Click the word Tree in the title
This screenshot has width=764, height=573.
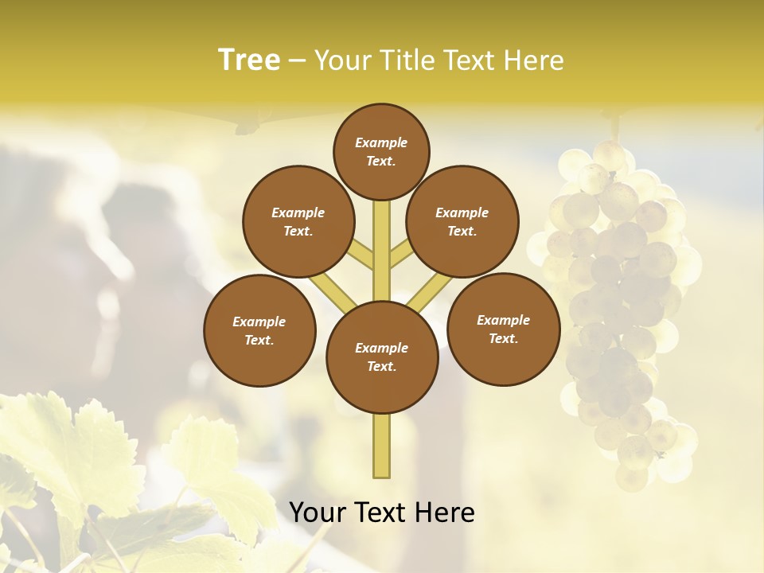(249, 60)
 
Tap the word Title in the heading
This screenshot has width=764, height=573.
(406, 60)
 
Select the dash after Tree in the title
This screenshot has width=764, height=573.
(297, 61)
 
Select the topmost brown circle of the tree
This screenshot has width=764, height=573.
(381, 151)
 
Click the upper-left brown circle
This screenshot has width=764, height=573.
(298, 221)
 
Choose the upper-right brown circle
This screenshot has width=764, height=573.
(462, 221)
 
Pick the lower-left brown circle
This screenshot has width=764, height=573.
(259, 330)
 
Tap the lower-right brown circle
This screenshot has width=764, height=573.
(503, 329)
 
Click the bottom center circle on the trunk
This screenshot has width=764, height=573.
(381, 357)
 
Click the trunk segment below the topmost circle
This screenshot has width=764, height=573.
(381, 239)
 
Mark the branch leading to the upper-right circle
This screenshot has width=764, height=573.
(400, 255)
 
